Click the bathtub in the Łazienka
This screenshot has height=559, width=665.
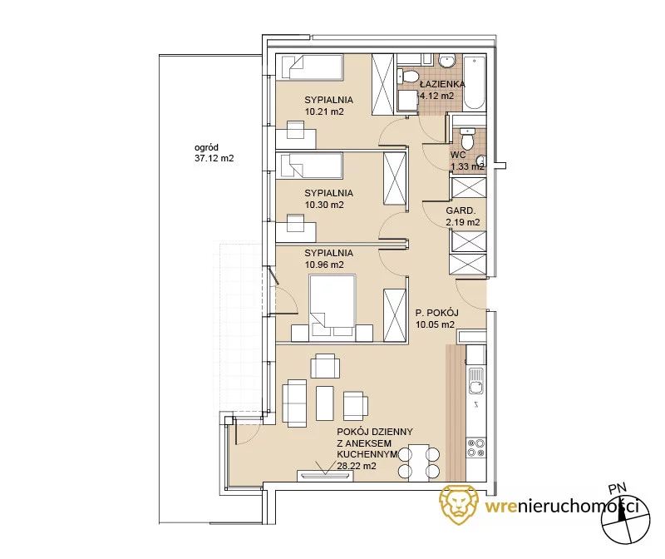[474, 83]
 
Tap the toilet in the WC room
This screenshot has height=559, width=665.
[467, 138]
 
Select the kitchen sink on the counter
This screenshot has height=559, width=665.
[475, 380]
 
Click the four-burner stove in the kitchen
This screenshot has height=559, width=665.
[475, 448]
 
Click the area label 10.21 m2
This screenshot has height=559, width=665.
[324, 112]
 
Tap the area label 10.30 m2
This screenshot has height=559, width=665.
[324, 205]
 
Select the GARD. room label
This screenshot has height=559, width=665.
[461, 210]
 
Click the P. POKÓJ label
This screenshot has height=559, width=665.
[437, 314]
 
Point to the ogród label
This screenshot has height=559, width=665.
[206, 148]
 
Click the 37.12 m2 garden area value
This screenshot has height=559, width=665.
[214, 158]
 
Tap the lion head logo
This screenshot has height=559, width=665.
[459, 504]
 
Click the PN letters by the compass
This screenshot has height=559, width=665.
[617, 489]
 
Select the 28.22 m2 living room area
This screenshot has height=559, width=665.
[357, 466]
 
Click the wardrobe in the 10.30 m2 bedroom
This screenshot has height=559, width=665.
[394, 179]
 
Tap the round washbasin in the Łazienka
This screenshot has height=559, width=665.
[446, 61]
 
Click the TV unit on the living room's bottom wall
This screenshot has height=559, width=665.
[325, 475]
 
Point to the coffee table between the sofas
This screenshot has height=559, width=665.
[325, 403]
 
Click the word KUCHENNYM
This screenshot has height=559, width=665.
[367, 454]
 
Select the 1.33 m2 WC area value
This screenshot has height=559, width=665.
[467, 167]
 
